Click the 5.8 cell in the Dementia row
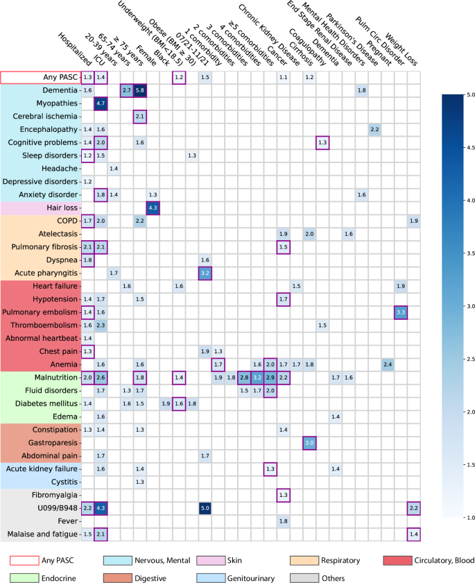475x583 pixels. [x=140, y=90]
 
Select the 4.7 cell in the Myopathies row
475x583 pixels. [x=101, y=103]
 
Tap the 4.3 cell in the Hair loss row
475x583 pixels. [x=153, y=208]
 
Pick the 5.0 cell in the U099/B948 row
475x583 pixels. [x=205, y=508]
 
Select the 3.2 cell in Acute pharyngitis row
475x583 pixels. [x=205, y=273]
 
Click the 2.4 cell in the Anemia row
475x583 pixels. [x=388, y=364]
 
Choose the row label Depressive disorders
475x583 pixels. [x=42, y=182]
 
